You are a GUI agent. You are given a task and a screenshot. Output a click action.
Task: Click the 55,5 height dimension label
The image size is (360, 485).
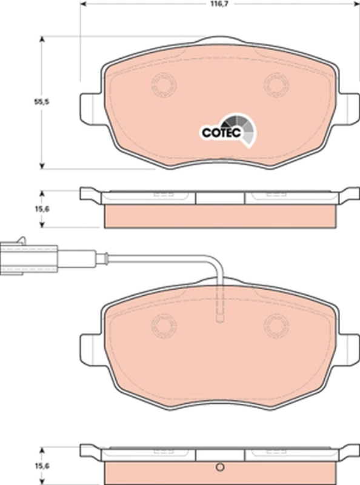pyautogui.click(x=41, y=102)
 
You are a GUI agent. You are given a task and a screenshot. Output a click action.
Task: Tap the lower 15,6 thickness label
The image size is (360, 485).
pyautogui.click(x=41, y=466)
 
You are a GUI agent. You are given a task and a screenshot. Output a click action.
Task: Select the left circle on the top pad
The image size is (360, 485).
pyautogui.click(x=164, y=84)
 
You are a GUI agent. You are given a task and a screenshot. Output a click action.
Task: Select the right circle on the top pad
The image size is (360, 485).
pyautogui.click(x=276, y=84)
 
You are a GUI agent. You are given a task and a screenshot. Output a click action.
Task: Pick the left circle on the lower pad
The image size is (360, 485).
pyautogui.click(x=164, y=326)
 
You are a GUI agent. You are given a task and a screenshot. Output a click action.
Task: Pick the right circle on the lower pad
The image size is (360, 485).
pyautogui.click(x=276, y=326)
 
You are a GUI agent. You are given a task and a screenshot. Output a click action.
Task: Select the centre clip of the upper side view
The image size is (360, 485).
pyautogui.click(x=220, y=198)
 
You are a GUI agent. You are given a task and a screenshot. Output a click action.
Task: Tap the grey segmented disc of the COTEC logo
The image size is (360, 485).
pyautogui.click(x=245, y=128)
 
